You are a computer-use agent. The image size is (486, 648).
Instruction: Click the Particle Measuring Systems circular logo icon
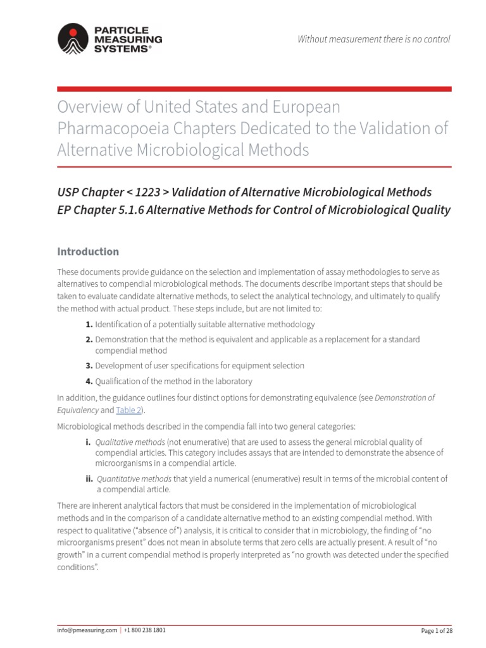73,39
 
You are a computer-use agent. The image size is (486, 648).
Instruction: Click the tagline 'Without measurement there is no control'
374,39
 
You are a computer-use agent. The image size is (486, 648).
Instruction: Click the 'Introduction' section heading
88,251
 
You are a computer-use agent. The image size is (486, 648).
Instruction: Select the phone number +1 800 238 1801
145,630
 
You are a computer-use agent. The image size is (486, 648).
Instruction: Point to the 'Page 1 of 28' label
437,631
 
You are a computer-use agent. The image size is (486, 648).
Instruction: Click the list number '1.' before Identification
89,325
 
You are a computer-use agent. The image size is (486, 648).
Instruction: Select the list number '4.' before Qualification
89,381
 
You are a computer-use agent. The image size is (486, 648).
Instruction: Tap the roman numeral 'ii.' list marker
90,478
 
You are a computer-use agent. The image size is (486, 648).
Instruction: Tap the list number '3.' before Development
89,366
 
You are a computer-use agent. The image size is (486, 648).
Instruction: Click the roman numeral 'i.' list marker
88,442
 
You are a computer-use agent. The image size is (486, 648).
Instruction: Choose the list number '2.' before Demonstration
89,340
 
